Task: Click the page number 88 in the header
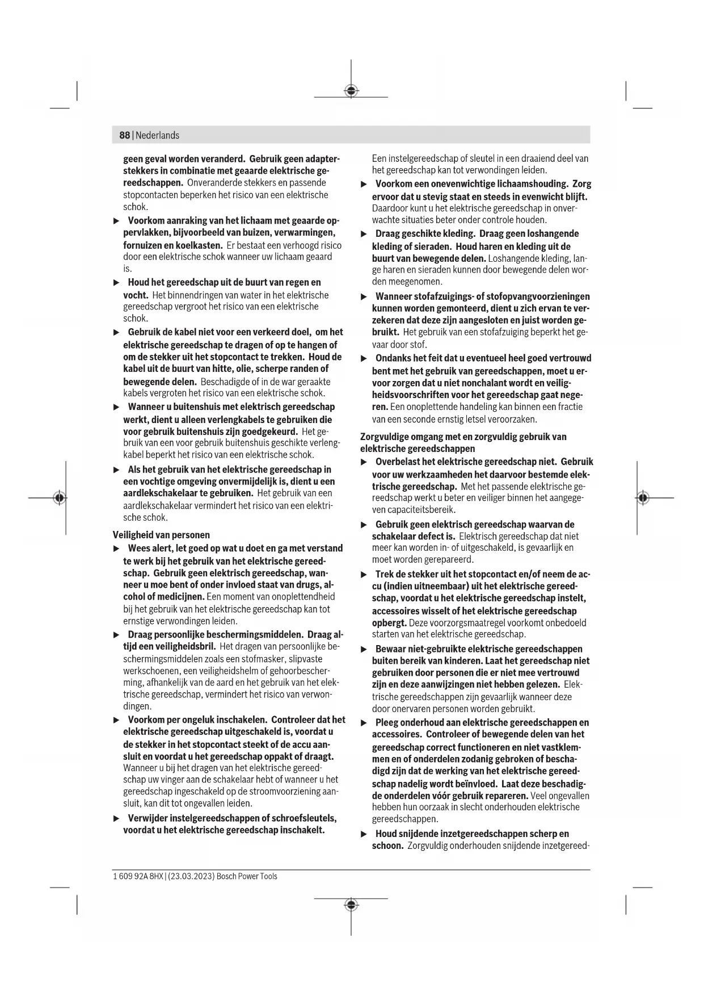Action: click(124, 135)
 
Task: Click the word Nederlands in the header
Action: click(157, 135)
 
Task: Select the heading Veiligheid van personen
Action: click(161, 535)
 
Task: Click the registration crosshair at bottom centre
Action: click(351, 905)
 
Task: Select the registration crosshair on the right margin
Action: click(642, 498)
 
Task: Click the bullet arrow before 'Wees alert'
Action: click(116, 549)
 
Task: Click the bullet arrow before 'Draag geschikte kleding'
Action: click(364, 234)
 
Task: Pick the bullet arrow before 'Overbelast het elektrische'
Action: click(364, 462)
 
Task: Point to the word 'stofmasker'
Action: click(262, 659)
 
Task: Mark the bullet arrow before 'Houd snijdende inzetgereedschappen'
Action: click(364, 834)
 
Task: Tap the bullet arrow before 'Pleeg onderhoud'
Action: click(364, 723)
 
